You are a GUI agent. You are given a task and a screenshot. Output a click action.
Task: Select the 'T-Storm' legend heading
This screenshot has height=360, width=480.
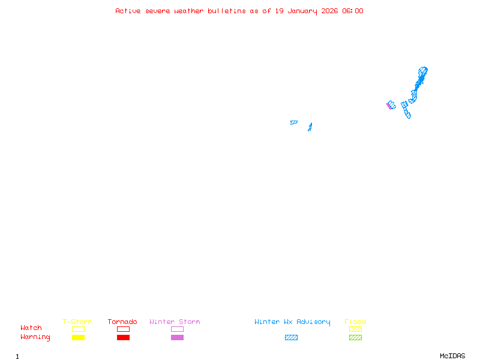[x=77, y=322]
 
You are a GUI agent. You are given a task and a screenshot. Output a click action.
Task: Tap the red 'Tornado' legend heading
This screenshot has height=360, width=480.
[x=122, y=322]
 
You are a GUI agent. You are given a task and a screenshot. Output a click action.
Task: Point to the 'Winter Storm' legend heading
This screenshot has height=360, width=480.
[x=175, y=322]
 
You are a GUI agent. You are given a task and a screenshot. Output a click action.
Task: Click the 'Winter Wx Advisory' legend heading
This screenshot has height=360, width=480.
[x=292, y=322]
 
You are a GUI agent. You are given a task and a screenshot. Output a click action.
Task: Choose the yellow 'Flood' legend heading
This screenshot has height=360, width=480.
[x=355, y=322]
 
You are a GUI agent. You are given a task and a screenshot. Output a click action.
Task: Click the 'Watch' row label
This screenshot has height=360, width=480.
[x=31, y=328]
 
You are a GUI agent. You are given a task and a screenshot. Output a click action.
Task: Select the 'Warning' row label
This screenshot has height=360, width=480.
[x=35, y=337]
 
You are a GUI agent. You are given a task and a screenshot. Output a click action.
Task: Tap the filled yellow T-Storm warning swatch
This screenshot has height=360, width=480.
[x=78, y=338]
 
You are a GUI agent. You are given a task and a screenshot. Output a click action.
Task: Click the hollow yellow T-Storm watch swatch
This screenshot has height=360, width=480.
[x=78, y=329]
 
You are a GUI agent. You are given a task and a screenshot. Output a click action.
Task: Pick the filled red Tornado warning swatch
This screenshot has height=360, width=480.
[x=123, y=338]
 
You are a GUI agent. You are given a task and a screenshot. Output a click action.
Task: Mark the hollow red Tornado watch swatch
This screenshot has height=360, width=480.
[x=123, y=329]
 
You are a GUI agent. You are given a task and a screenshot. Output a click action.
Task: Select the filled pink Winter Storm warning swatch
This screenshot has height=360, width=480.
[x=177, y=338]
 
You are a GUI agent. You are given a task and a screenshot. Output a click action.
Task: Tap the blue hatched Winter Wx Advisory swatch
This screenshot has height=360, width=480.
[x=291, y=338]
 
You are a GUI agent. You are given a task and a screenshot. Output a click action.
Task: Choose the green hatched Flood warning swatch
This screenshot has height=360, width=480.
[x=355, y=338]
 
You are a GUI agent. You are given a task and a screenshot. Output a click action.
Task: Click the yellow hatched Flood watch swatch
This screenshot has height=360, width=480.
[x=355, y=329]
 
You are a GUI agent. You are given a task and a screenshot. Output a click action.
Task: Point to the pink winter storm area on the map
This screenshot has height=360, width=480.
[x=388, y=106]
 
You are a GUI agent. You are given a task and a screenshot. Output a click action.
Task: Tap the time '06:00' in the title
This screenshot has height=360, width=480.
[x=352, y=11]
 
